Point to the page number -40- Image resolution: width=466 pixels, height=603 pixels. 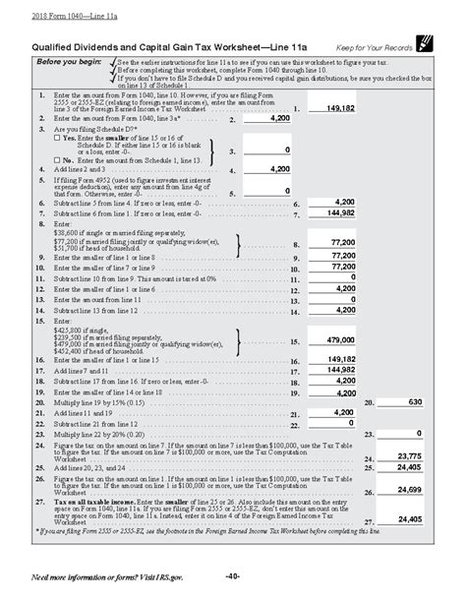[232, 574]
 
